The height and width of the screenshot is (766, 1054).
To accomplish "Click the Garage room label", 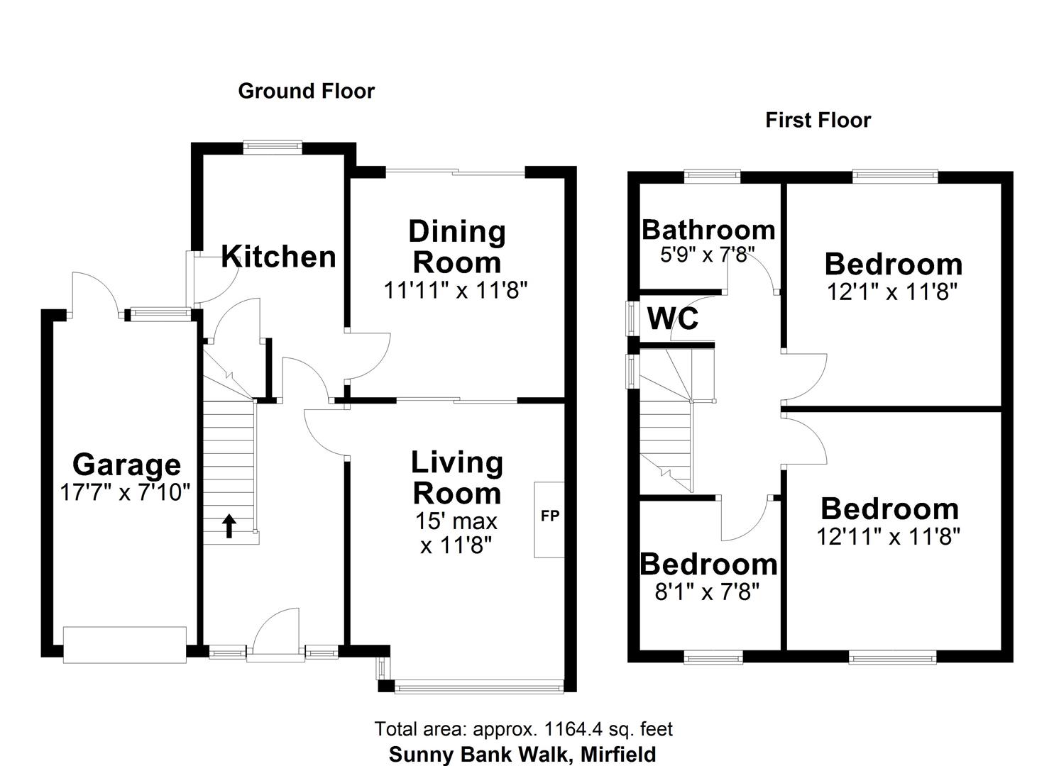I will coord(126,465).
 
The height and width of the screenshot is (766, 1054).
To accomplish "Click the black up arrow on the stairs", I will coord(229,526).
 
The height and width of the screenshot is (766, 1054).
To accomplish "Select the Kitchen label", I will coord(278,257).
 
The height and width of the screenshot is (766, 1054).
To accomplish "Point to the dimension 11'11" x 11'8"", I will coord(456,290).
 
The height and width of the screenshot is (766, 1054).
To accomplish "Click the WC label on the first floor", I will coord(673,319).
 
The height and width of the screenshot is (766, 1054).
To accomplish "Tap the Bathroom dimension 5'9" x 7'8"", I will coord(707,254).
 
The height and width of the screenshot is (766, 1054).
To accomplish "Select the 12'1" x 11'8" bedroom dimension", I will coord(892,292).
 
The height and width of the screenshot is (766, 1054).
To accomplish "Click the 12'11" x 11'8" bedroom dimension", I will coord(889,536).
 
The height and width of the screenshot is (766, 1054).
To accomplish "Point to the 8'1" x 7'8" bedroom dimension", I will coord(707,591).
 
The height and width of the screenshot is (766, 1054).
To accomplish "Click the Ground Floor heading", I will coord(306,91).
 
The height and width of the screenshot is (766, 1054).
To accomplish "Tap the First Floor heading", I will coord(818,121).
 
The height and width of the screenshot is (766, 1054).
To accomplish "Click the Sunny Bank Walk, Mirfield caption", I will coord(522,754).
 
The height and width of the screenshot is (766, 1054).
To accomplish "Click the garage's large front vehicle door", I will coord(125,644).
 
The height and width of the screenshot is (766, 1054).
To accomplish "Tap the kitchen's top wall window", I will coord(272,147).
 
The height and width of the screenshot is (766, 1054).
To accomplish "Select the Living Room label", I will coord(457,477).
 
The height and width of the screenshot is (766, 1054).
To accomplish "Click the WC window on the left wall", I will coord(630,318).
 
